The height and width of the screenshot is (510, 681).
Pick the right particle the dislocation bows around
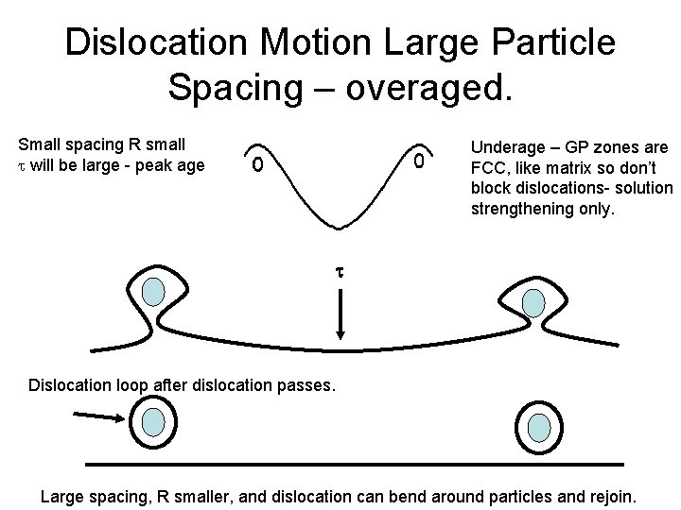[534, 302]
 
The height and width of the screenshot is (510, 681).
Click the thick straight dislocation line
[355, 464]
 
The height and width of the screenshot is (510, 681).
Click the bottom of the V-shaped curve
[340, 226]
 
